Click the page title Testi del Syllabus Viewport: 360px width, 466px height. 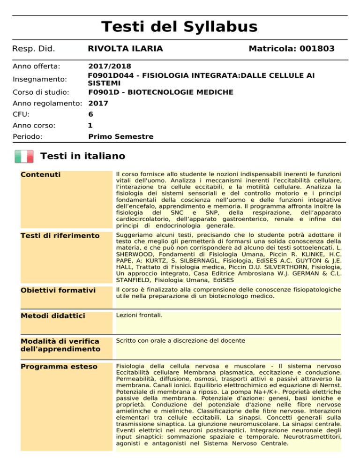coord(180,27)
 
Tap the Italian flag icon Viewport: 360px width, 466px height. coord(24,156)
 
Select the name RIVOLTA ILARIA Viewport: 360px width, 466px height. coord(125,49)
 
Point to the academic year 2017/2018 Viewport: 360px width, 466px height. coord(110,67)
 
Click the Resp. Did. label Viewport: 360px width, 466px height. coord(33,49)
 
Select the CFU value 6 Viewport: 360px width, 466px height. coord(90,114)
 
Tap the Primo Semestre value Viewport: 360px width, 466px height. coord(120,137)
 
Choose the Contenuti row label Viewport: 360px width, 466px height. coord(41,175)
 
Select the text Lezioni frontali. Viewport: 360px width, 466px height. coord(139,316)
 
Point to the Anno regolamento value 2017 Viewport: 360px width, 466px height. coord(98,103)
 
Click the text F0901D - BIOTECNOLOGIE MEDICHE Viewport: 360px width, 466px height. coord(160,92)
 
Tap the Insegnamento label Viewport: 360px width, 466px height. coord(39,79)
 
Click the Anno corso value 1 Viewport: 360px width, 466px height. coord(90,126)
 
